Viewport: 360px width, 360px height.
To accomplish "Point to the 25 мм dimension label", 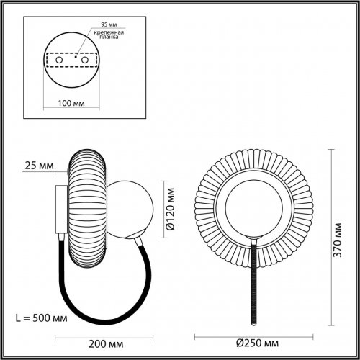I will click(x=37, y=167).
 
